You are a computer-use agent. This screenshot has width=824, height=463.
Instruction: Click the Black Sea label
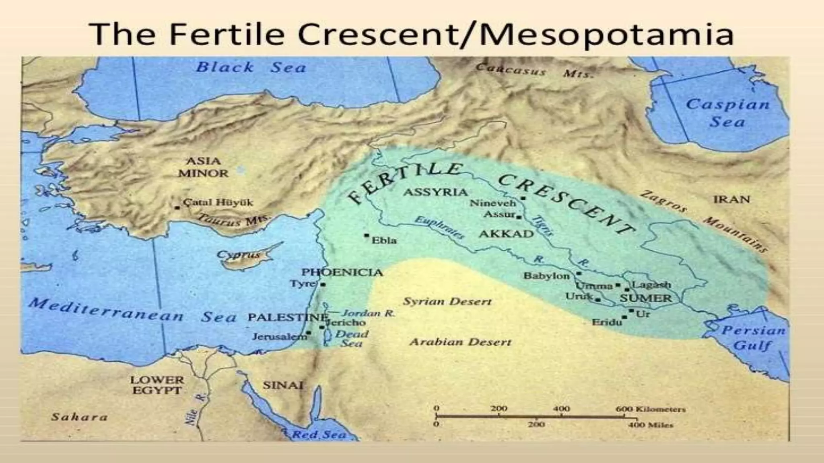[251, 67]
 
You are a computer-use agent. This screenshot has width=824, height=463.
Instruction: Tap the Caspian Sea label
[727, 113]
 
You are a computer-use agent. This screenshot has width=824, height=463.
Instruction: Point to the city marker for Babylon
[579, 273]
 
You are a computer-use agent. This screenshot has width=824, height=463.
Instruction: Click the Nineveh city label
[492, 203]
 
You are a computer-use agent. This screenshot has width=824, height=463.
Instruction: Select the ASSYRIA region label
[435, 192]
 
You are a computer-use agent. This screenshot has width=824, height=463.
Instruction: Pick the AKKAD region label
[506, 234]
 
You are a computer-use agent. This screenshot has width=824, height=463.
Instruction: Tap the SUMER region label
[645, 298]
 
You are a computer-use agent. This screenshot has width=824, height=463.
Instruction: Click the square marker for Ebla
[367, 235]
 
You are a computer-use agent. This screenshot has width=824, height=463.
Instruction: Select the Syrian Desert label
[447, 301]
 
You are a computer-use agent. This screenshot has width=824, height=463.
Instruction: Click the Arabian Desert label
[460, 342]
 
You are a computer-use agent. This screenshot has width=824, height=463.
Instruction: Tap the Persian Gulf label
[753, 338]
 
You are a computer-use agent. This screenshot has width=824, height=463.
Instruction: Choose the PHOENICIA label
[342, 272]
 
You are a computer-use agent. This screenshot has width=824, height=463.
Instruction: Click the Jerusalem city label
[279, 337]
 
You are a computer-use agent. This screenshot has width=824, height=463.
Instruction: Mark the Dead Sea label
[351, 338]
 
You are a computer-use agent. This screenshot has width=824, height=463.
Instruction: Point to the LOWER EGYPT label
[157, 385]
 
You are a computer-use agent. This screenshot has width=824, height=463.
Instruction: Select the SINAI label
[282, 385]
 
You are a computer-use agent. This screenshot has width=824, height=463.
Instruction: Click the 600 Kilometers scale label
[650, 409]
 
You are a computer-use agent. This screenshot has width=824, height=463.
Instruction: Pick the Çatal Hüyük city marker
[177, 208]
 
